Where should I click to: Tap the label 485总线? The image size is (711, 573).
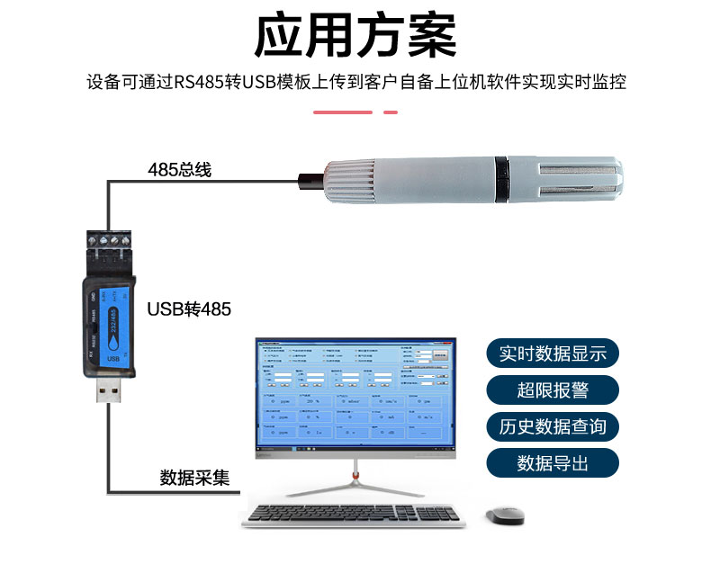tap(180, 169)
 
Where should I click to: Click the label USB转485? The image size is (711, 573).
tap(189, 309)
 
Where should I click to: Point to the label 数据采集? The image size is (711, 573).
tap(194, 477)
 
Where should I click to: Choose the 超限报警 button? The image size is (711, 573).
tap(553, 390)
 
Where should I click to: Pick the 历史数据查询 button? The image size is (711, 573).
tap(553, 426)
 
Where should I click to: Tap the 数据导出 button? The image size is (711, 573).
tap(553, 463)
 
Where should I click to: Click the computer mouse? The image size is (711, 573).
tap(504, 515)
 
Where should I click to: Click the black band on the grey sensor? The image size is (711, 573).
tap(500, 180)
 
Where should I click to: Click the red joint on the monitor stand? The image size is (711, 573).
tap(355, 475)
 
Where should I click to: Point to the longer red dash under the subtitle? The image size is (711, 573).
tap(342, 112)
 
